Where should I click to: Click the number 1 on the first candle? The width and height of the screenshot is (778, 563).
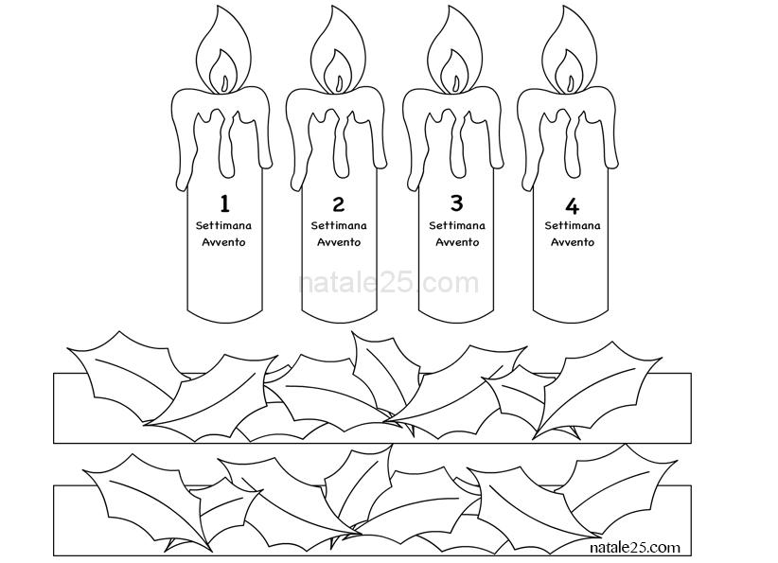tap(224, 203)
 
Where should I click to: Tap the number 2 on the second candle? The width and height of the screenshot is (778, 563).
tap(339, 203)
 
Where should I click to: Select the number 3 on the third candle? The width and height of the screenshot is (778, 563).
tap(456, 202)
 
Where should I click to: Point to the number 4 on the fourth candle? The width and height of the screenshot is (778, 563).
tap(572, 205)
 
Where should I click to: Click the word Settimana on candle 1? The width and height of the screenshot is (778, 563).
tap(223, 226)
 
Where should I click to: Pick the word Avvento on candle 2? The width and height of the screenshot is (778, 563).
tap(339, 242)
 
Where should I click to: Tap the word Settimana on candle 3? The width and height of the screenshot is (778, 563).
tap(457, 226)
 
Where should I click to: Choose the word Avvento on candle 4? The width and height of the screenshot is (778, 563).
tap(573, 242)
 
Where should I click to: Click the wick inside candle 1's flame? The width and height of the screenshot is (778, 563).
tap(224, 83)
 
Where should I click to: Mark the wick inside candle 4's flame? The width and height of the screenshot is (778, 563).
tap(570, 83)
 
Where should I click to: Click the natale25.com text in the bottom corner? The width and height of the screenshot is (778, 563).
tap(634, 547)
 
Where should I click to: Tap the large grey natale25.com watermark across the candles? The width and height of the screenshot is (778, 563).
tap(389, 283)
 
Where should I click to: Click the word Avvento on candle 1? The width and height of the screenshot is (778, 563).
tap(223, 242)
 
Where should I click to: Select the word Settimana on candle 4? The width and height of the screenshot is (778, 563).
tap(573, 226)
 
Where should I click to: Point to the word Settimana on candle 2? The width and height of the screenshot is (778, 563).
tap(339, 226)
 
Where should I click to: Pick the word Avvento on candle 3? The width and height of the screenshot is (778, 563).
tap(457, 242)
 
